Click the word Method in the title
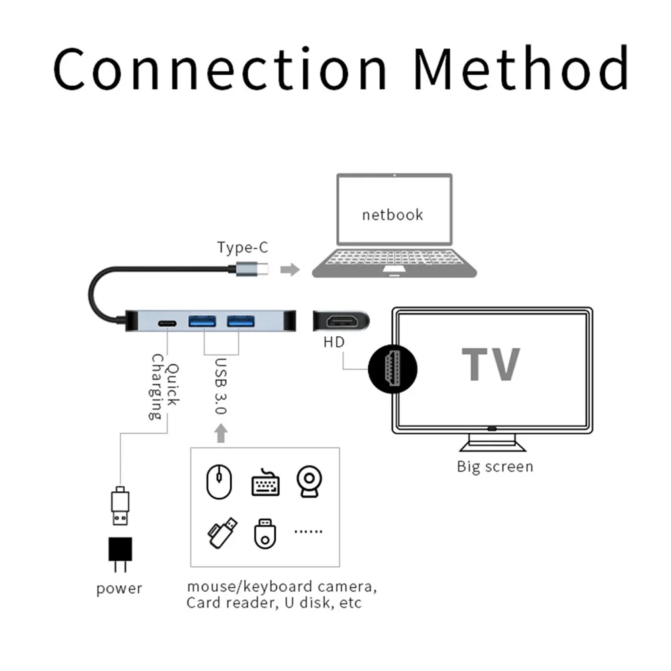[x=521, y=68]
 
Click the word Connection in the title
[x=219, y=69]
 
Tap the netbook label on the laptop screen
[x=393, y=215]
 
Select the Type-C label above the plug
[x=243, y=248]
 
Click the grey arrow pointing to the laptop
[x=290, y=270]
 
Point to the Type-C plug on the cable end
[x=252, y=269]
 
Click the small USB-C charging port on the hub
[x=167, y=323]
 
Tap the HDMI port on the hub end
[x=342, y=321]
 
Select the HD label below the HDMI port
[x=334, y=342]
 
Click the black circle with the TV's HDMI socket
[x=393, y=369]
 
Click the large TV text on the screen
[x=491, y=364]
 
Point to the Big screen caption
[x=495, y=466]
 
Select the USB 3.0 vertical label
[x=221, y=386]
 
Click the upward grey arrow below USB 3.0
[x=221, y=433]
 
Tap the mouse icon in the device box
[x=219, y=482]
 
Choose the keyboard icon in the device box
[x=265, y=483]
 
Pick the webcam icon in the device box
[x=309, y=481]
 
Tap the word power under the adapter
[x=119, y=589]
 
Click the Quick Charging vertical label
[x=164, y=387]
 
